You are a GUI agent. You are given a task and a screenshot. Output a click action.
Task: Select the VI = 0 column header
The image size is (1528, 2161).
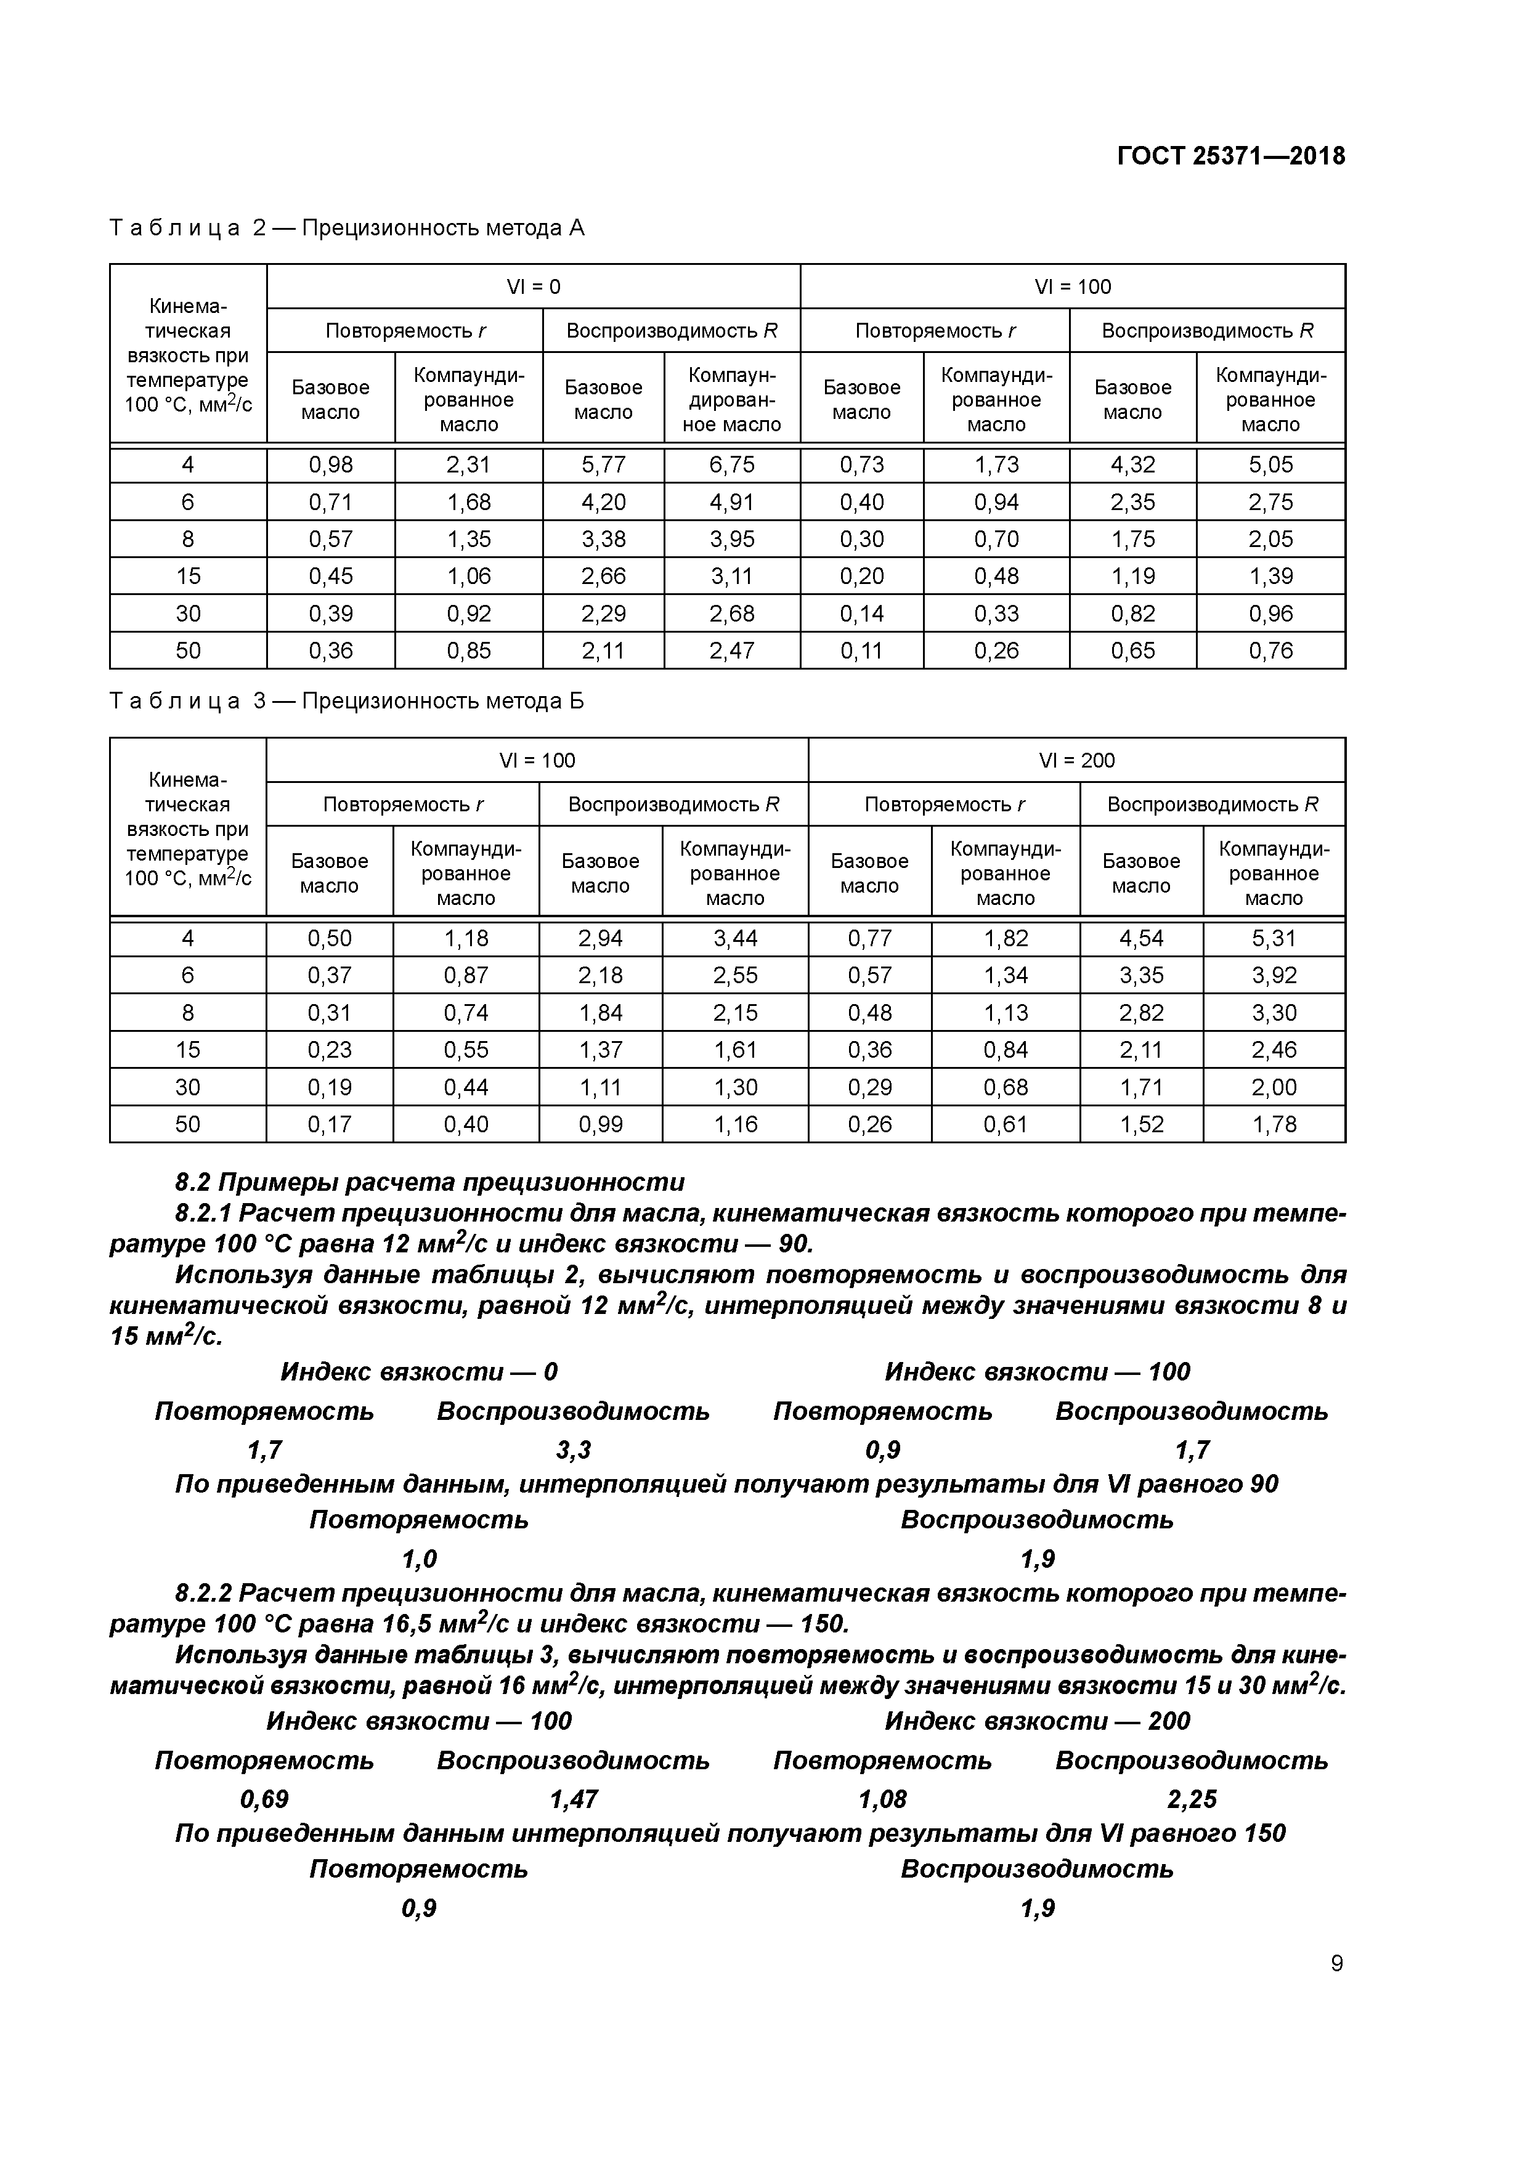click(x=533, y=287)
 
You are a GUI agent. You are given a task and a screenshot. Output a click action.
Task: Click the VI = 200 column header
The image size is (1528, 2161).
click(x=1076, y=761)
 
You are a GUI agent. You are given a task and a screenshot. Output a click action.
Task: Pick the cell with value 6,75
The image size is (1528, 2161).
click(x=731, y=465)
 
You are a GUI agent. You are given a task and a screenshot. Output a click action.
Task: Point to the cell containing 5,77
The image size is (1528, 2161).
click(x=603, y=465)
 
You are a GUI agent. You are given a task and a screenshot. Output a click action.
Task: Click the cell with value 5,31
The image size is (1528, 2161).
click(x=1273, y=938)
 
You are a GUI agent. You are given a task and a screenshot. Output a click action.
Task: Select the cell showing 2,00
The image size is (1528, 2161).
click(x=1273, y=1087)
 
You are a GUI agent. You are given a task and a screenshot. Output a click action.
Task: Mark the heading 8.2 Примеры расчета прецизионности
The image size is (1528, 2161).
click(x=429, y=1182)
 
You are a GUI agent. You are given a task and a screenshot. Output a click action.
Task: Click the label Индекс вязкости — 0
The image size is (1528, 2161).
click(x=419, y=1372)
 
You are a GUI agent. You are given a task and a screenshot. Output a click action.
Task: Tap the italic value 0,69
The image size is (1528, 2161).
click(x=264, y=1799)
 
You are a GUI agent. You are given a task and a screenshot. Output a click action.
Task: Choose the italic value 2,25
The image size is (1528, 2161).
click(x=1191, y=1799)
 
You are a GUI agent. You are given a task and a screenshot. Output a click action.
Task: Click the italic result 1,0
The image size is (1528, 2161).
click(x=419, y=1560)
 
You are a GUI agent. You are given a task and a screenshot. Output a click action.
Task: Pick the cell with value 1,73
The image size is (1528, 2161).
click(x=996, y=465)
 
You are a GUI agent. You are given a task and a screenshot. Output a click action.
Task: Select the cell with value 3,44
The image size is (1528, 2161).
click(x=734, y=938)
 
